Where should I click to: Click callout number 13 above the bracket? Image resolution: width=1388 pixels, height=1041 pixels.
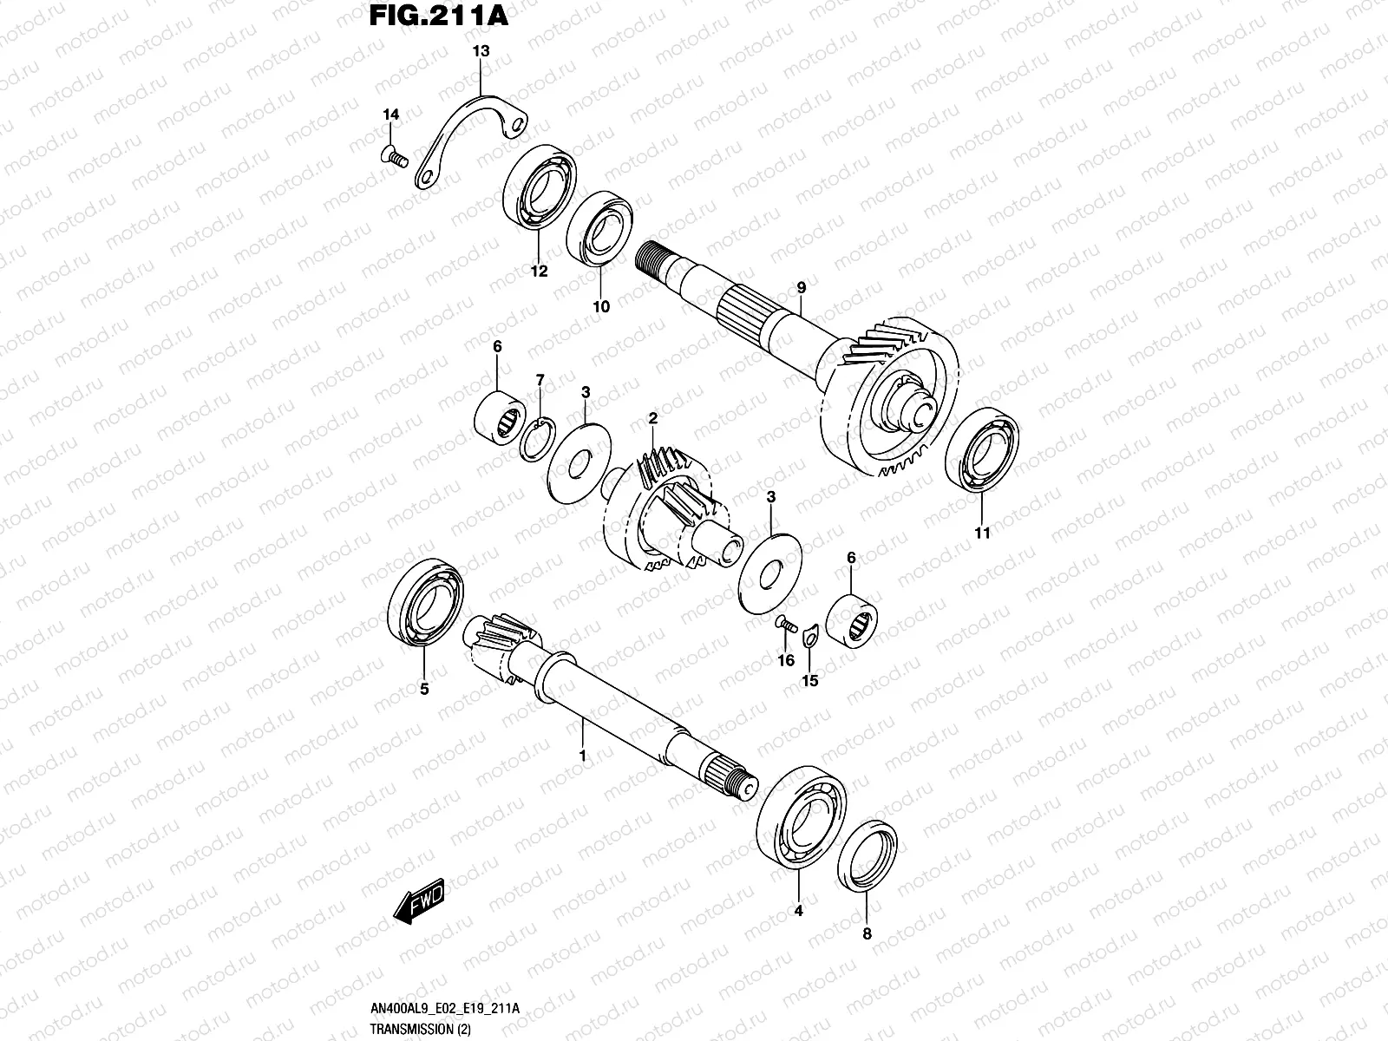[481, 51]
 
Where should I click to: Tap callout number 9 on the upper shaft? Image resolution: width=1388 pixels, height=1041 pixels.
[801, 287]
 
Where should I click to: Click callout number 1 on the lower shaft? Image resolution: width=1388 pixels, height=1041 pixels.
[582, 756]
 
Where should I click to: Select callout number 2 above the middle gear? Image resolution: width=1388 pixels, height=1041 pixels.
[652, 418]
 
